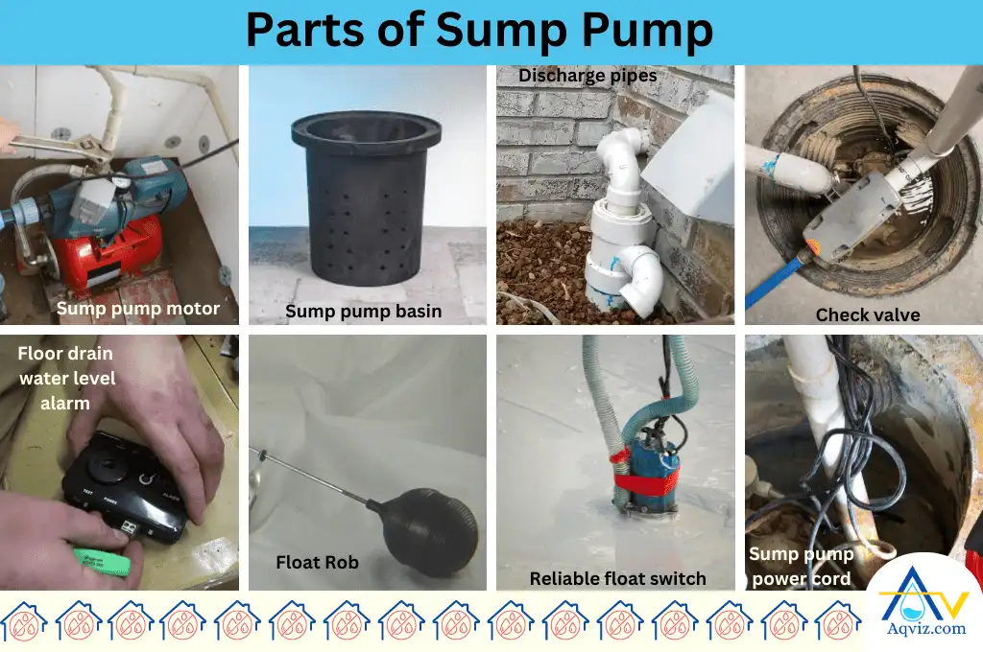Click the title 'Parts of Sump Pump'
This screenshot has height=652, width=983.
(x=479, y=31)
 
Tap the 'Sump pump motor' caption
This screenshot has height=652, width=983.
(x=138, y=308)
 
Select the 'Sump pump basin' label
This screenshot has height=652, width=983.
(x=364, y=311)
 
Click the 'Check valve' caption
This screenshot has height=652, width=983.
(x=868, y=314)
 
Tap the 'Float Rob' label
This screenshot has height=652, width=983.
(x=317, y=562)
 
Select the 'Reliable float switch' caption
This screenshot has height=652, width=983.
(x=618, y=578)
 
